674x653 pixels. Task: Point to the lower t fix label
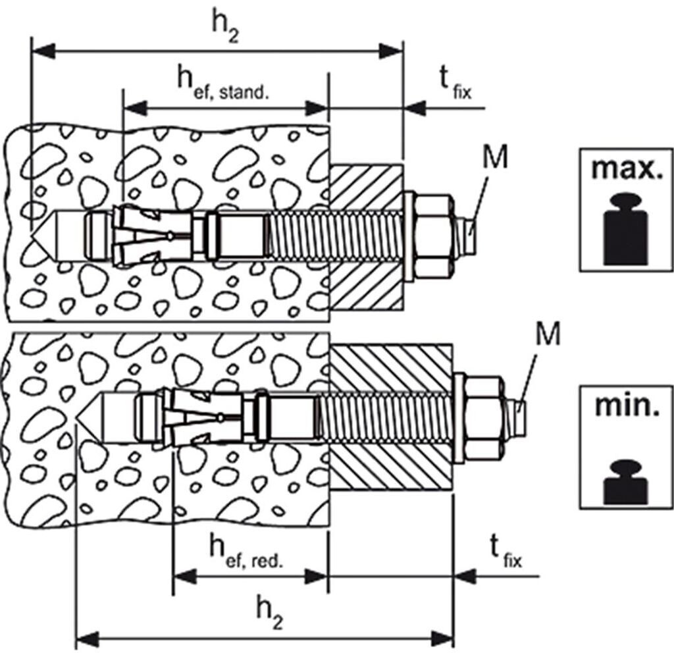click(505, 550)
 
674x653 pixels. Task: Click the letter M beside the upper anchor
click(495, 156)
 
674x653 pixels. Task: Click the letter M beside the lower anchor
click(547, 334)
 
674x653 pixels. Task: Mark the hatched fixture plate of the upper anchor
click(365, 237)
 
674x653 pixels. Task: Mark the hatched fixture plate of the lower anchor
click(390, 417)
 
